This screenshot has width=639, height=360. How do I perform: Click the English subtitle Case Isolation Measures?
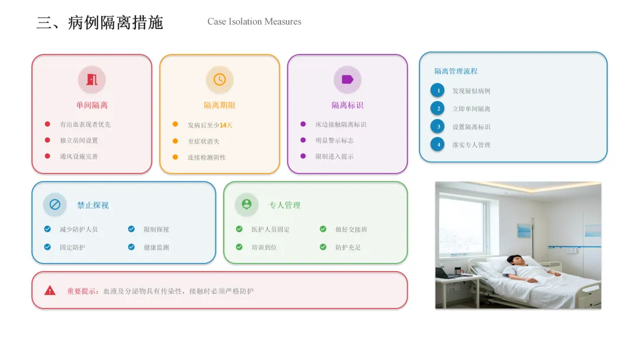254,22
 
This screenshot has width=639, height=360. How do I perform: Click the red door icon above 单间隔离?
92,79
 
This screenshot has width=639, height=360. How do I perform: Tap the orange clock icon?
220,79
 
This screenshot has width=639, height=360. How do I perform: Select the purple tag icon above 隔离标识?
347,79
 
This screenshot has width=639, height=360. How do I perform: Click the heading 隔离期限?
220,105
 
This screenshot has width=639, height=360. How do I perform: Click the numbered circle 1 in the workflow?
437,91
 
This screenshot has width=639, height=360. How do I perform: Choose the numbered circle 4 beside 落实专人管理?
437,144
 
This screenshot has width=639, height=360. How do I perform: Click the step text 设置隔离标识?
471,127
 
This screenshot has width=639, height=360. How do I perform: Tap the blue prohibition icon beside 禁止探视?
55,205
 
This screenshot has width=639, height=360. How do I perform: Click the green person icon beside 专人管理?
247,205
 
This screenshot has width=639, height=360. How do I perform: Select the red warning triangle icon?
50,291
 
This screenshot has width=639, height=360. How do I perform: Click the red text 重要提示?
82,291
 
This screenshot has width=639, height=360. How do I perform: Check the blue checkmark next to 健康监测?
131,247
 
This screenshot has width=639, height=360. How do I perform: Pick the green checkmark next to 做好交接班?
323,229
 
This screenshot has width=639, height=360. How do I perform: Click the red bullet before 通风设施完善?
47,156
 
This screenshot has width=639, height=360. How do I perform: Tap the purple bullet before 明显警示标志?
303,140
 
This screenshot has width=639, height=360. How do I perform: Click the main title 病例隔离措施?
115,22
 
